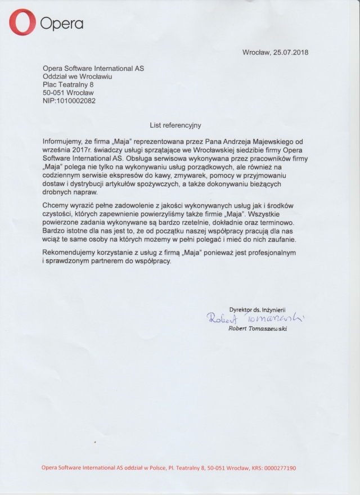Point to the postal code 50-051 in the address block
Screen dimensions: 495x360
coord(55,92)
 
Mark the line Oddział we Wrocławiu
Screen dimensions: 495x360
coord(78,76)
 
